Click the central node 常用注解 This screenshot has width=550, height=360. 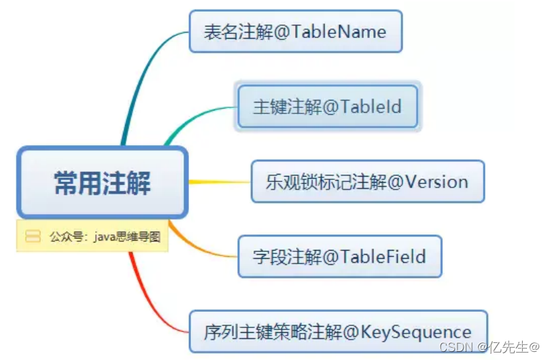coord(102,182)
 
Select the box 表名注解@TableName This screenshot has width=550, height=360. coord(296,31)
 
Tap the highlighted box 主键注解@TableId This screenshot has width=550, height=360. coord(328,107)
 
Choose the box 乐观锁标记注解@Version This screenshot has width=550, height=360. coord(367,181)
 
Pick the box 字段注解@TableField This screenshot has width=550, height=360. coord(339,256)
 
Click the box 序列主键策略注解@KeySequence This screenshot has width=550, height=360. coord(338,331)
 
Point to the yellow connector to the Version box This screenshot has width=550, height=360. coord(218,182)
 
